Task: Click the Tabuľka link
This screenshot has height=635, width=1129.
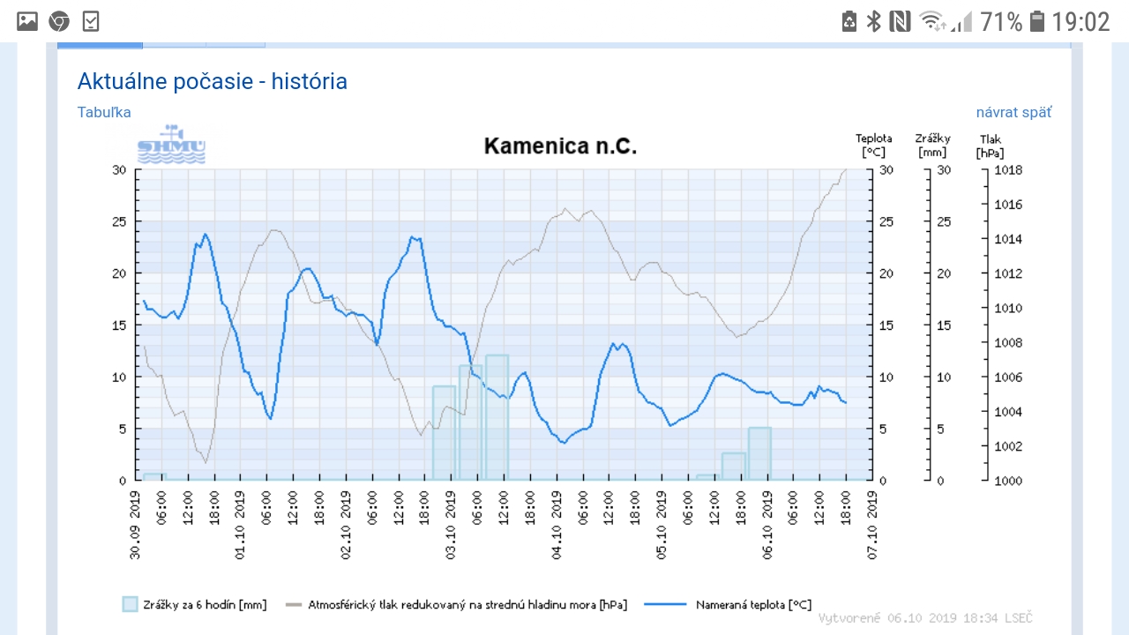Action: point(104,112)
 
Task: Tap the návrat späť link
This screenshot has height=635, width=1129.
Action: point(1013,112)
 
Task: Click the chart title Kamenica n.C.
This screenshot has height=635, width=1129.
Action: point(560,146)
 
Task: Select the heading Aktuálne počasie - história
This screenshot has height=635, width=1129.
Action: point(213,82)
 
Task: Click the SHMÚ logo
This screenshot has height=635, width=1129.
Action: point(171,146)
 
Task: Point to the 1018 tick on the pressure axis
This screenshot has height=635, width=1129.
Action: point(1007,170)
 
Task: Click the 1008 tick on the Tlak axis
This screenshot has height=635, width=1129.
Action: point(1007,343)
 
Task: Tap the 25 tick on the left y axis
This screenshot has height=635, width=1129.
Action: point(119,221)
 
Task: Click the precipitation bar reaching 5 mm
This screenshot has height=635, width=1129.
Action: point(760,453)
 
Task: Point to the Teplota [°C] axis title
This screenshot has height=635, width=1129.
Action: point(873,146)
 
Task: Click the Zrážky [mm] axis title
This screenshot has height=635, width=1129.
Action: point(932,146)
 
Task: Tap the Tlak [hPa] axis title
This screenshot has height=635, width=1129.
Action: point(991,146)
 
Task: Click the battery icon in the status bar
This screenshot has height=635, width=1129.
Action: point(1036,21)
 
